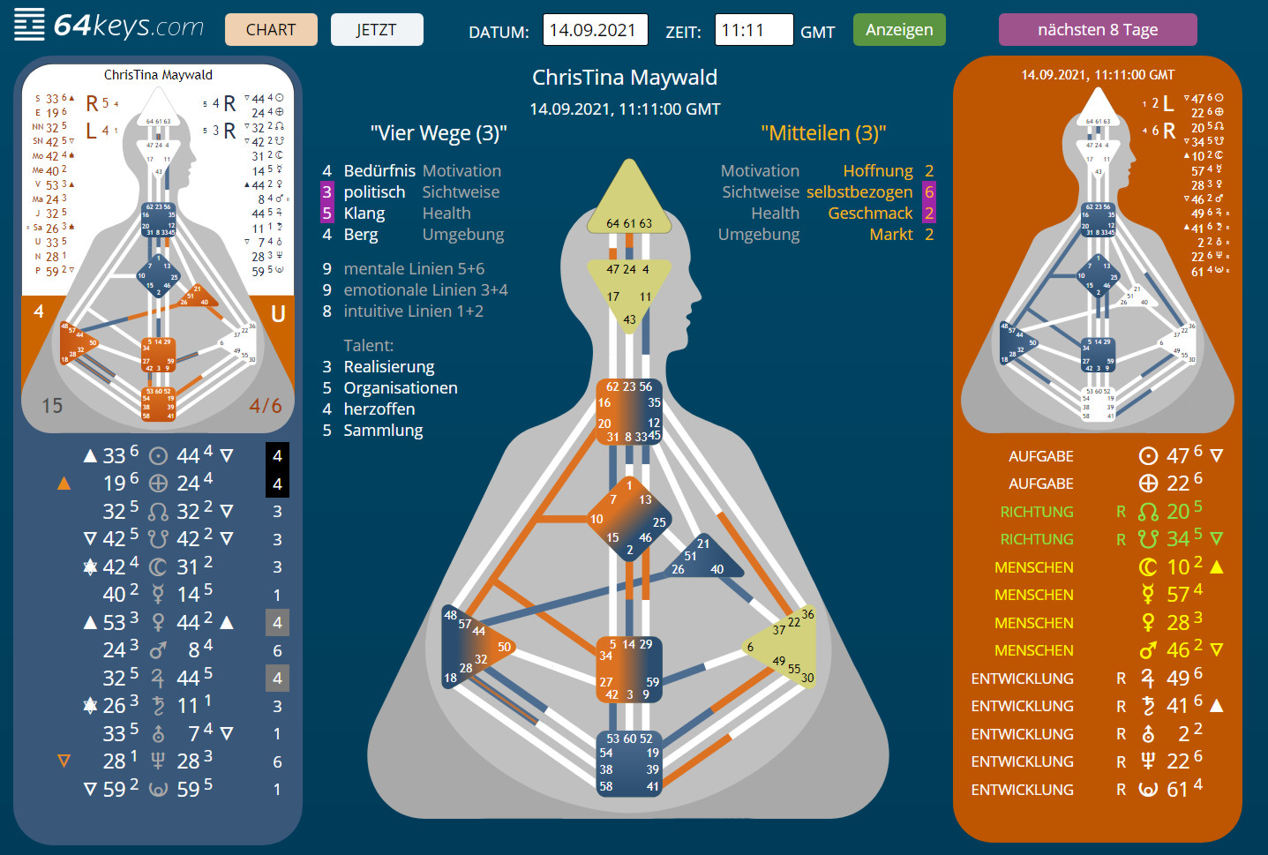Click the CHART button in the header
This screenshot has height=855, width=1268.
pos(271,30)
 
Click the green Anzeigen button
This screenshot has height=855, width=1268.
pos(899,30)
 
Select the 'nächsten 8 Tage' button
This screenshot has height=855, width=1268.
pos(1098,30)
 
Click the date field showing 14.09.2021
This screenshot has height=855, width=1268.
pos(595,30)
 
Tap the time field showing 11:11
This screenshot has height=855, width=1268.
pos(753,30)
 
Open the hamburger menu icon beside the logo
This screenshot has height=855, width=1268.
pos(29,25)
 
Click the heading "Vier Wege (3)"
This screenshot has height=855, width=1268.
pos(439,133)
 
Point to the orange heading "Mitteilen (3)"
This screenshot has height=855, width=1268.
pos(823,133)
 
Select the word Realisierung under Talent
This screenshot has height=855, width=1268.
pos(389,367)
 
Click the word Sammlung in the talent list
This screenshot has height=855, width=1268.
pos(383,431)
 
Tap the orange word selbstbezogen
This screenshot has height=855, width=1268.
pos(859,192)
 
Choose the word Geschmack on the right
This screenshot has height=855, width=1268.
pos(870,214)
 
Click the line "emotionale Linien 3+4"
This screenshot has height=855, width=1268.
pos(425,290)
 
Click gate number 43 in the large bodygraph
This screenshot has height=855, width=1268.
pos(629,319)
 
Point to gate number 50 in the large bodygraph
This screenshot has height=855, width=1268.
pos(504,647)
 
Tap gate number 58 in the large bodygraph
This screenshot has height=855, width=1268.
pos(606,786)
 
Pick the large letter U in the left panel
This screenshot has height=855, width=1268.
pos(278,314)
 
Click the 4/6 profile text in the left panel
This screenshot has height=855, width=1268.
pos(266,406)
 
